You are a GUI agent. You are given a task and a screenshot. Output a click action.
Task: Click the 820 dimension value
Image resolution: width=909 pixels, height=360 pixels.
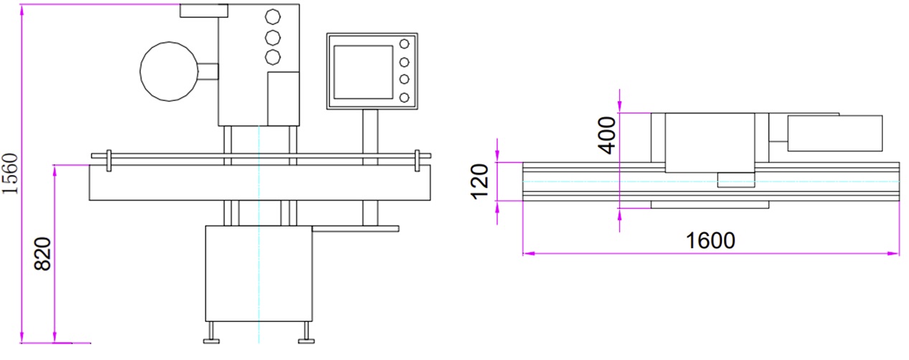[44, 254]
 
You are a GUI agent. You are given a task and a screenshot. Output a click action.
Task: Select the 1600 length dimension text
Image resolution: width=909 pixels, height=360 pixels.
[710, 240]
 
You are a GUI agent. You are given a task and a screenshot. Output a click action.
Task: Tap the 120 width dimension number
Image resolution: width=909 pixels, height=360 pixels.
[480, 181]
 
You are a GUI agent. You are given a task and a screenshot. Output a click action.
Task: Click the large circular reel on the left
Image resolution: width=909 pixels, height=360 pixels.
[168, 70]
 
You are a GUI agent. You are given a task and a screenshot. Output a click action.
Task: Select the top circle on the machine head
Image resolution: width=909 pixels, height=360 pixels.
[273, 16]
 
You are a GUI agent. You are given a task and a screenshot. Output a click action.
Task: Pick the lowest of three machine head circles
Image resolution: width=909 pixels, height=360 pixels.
[273, 57]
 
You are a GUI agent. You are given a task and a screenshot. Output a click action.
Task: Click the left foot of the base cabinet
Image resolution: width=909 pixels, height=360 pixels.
[212, 331]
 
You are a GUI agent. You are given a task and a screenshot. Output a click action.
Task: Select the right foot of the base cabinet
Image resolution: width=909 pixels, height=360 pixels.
[305, 331]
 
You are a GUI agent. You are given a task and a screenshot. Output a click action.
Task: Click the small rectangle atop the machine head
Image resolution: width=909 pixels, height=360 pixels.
[204, 10]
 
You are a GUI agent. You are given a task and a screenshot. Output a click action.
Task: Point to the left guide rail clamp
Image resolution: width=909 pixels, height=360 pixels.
[108, 160]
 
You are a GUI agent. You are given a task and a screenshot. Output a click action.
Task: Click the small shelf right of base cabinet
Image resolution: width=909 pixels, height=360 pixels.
[355, 229]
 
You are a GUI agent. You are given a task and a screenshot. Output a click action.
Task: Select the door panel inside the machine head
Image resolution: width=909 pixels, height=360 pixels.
[283, 98]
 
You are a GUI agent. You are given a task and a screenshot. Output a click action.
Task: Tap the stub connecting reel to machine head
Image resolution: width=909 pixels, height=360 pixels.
[207, 71]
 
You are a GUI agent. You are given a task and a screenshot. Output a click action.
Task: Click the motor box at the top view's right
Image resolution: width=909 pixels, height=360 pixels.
[834, 133]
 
